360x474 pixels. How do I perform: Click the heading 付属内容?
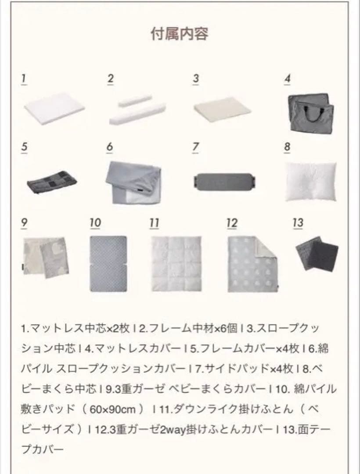coord(180,34)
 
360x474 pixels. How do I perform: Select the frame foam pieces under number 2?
coord(137,111)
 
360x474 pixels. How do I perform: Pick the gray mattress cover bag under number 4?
coord(310,112)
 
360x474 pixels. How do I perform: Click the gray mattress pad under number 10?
coord(108,263)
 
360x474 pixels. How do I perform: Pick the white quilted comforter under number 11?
coord(176,263)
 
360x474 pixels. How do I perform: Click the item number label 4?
coord(288,79)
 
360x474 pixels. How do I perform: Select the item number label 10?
coord(95,223)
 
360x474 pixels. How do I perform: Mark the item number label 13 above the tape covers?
coord(298,223)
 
